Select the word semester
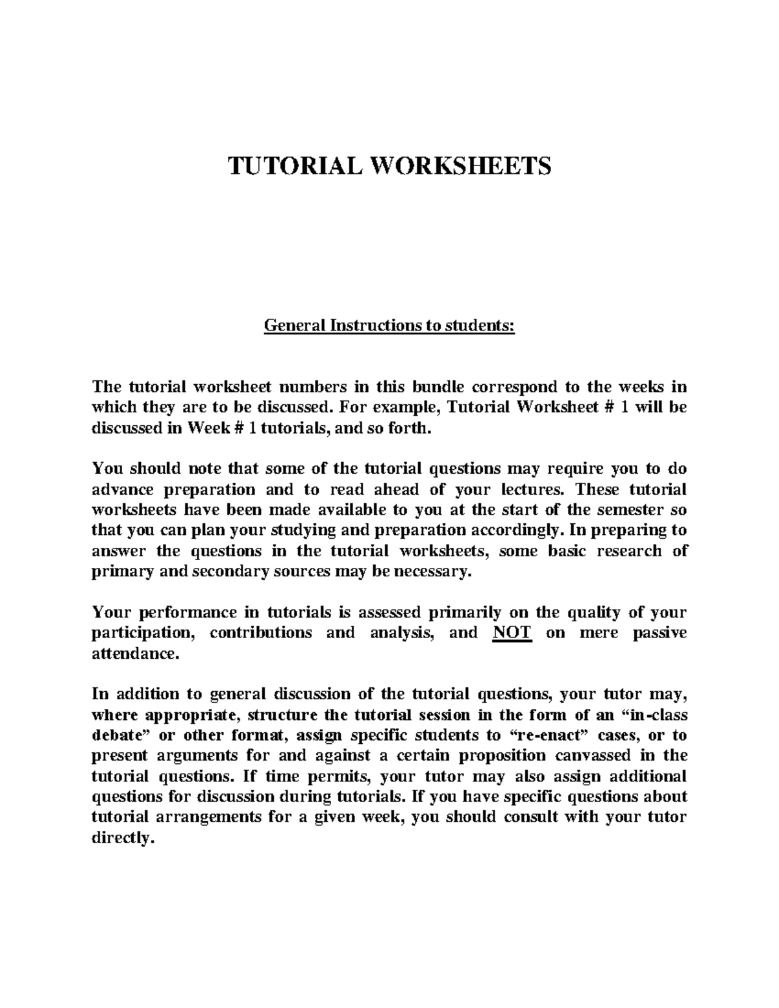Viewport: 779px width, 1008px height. coord(627,510)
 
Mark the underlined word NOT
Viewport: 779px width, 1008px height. coord(512,633)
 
